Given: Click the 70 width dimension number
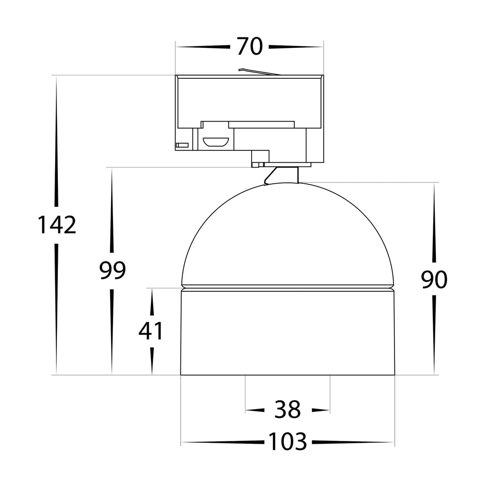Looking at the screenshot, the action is click(250, 47).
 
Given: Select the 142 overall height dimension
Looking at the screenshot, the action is click(57, 225).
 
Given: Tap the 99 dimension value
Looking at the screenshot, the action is click(112, 270).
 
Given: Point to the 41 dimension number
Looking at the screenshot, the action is click(150, 331).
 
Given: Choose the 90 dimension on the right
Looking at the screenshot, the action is click(434, 280).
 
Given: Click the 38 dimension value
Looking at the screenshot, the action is click(287, 410).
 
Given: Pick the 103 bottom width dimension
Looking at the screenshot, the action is click(287, 441).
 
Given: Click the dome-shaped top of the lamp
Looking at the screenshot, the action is click(287, 234).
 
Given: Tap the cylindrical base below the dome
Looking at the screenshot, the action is click(287, 333).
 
